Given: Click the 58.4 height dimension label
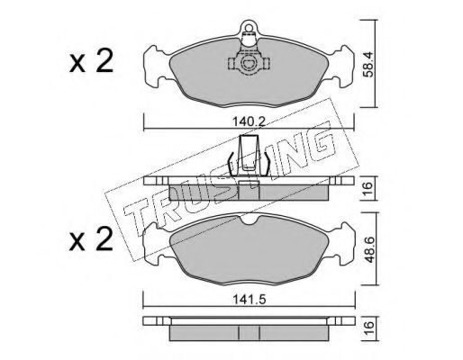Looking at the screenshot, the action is (368, 64).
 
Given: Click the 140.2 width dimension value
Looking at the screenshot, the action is (249, 121).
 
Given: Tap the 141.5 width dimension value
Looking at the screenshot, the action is (250, 299).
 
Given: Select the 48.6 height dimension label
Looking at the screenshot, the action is (368, 249).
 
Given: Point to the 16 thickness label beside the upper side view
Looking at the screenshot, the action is (368, 188).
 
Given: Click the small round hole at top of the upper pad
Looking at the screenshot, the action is (249, 28).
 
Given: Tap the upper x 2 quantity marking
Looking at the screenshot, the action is (91, 61).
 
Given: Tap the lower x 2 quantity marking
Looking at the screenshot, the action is (91, 239).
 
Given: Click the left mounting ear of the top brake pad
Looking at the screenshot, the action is (155, 66).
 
